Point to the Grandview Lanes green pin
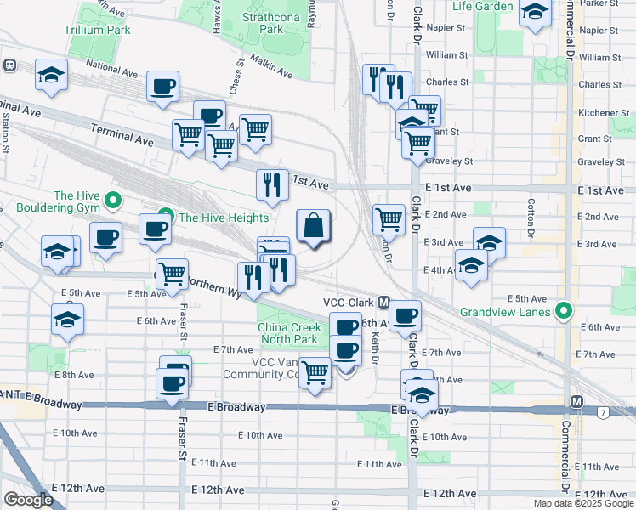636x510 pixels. pyautogui.click(x=560, y=311)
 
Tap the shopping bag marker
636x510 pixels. pyautogui.click(x=314, y=226)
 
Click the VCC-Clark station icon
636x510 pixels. pyautogui.click(x=384, y=303)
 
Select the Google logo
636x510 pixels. pyautogui.click(x=28, y=500)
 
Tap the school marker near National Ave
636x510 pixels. pyautogui.click(x=52, y=75)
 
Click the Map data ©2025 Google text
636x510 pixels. pyautogui.click(x=583, y=503)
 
